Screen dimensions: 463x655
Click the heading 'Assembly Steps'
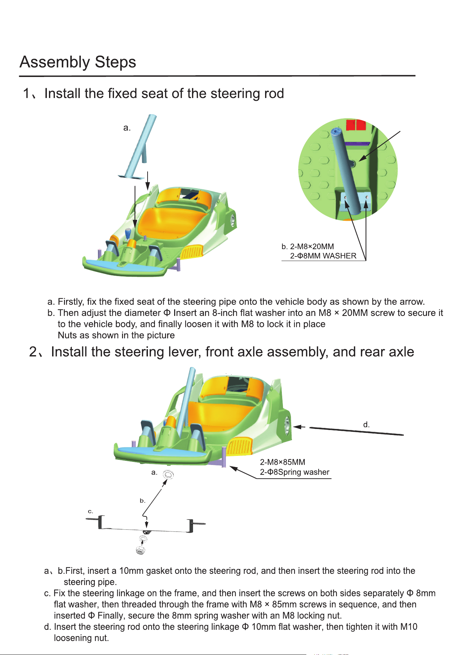[x=78, y=62]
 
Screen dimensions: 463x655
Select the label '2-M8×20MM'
[x=312, y=246]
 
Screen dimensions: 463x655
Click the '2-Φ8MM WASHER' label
[x=323, y=256]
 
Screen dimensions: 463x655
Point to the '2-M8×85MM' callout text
[x=283, y=462]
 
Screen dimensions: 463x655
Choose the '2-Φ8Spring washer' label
[x=294, y=472]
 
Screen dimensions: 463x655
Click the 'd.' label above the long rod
[x=366, y=425]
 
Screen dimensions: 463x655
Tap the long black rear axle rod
[x=356, y=431]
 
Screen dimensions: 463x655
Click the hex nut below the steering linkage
[x=141, y=550]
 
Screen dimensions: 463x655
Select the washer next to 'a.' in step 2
[x=168, y=474]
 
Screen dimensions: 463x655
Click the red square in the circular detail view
[x=356, y=125]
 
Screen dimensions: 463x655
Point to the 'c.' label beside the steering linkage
[x=90, y=511]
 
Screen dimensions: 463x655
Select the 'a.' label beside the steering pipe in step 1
[x=127, y=128]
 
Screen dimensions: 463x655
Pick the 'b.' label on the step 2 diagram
[x=142, y=501]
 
